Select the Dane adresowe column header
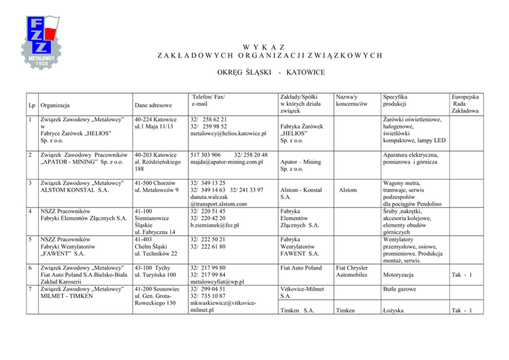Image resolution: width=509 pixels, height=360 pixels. pos(153,105)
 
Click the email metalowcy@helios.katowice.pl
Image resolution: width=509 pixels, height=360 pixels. pos(228,134)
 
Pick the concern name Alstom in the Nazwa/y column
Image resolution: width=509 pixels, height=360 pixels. pos(348,190)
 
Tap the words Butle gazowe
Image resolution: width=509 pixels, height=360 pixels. pos(398,289)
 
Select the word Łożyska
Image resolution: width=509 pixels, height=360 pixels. pos(395,310)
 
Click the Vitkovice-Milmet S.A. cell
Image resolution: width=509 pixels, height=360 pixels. pos(303,293)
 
